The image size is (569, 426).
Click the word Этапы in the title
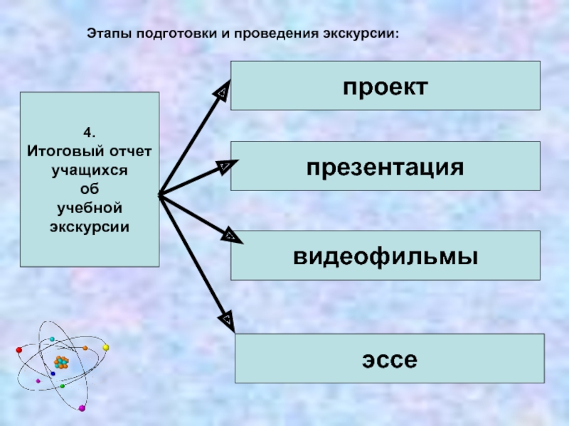pos(110,33)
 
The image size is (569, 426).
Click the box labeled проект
pos(385,85)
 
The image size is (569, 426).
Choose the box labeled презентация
pos(385,166)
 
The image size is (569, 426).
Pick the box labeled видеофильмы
pos(385,256)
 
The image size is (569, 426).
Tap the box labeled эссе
pos(390,359)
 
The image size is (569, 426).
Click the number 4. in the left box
pos(90,132)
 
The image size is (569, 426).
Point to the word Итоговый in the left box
pos(65,151)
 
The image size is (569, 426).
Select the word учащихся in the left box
pos(90,170)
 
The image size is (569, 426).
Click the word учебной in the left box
pos(90,208)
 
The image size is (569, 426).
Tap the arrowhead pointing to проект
pos(222,91)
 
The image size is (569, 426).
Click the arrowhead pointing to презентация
pos(227,166)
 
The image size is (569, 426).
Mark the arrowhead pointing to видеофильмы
pos(232,236)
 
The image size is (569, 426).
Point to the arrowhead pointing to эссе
pos(227,321)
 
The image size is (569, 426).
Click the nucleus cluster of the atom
pos(61,362)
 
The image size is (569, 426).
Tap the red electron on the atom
pos(19,350)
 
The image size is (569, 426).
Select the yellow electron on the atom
pos(105,347)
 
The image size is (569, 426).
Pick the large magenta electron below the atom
pos(82,408)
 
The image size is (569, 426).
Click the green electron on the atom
pos(63,386)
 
